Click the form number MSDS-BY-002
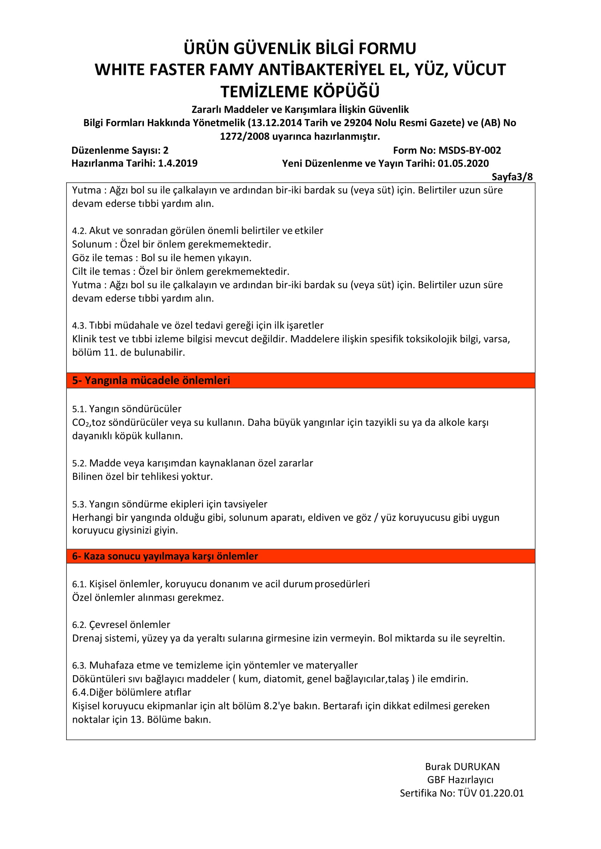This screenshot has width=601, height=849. tap(470, 150)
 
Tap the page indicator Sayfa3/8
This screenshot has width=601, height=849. tap(512, 177)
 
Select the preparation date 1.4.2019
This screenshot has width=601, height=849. tap(178, 163)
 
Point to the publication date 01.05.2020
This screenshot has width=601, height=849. tap(463, 163)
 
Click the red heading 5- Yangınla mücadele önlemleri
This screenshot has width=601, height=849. tap(151, 380)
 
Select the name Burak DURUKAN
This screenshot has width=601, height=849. tap(462, 767)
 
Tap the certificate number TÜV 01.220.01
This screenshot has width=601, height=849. tap(491, 793)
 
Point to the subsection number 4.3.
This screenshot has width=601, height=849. tap(79, 326)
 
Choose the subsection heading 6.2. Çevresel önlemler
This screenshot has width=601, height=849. tap(121, 624)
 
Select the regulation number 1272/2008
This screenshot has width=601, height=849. tap(244, 136)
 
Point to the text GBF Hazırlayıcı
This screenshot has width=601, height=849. tap(460, 780)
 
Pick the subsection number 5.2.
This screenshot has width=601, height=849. tap(79, 463)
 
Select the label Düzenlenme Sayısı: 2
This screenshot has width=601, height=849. tap(119, 150)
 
